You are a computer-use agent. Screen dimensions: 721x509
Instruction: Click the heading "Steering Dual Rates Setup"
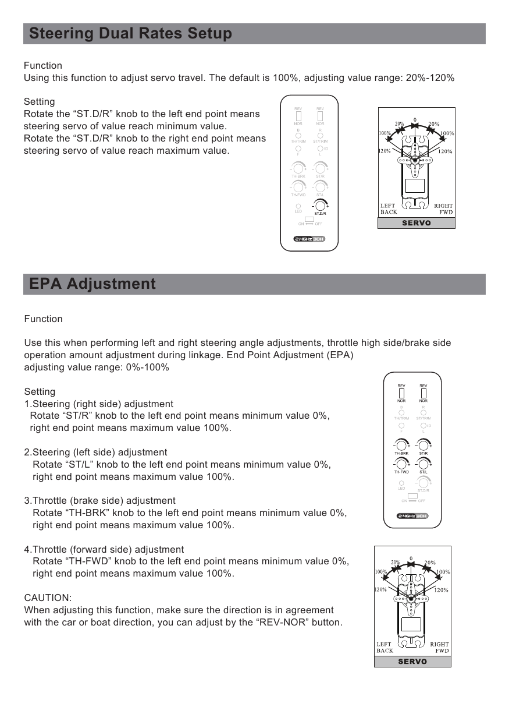[130, 34]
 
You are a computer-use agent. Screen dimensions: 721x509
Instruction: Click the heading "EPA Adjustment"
[92, 284]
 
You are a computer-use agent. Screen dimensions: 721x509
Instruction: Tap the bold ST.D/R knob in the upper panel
[319, 206]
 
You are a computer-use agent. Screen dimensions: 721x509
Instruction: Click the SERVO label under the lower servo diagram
[412, 662]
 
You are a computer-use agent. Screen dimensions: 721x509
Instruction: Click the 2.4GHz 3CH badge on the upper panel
[308, 239]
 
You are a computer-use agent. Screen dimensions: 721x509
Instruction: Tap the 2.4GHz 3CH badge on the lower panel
[412, 515]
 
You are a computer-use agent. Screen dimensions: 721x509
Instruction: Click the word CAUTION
[48, 598]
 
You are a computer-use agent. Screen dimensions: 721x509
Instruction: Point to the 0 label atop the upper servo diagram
[415, 120]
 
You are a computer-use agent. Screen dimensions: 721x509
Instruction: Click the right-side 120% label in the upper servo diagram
[445, 151]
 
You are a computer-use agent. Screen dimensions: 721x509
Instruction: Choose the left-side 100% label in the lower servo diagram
[382, 571]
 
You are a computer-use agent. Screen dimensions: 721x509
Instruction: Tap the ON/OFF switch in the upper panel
[309, 219]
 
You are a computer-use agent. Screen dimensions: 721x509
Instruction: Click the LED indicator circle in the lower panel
[401, 483]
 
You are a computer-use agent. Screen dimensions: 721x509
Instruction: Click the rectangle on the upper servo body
[415, 186]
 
